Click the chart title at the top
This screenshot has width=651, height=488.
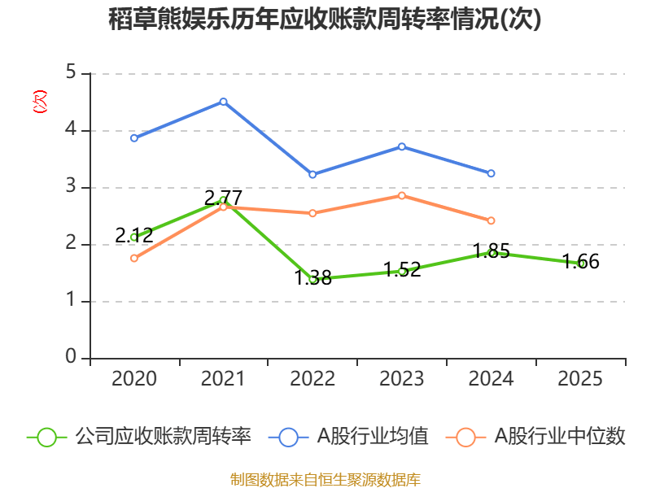tap(325, 20)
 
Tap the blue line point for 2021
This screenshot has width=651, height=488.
tap(223, 102)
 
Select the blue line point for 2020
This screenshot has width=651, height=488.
tap(133, 138)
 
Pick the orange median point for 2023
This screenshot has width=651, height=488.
tap(402, 195)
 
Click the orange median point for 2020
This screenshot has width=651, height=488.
tap(133, 258)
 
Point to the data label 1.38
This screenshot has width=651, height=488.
tap(312, 278)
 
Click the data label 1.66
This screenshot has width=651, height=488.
tap(581, 262)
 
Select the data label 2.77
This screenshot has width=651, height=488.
tap(223, 198)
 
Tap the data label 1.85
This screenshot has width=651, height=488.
tap(492, 251)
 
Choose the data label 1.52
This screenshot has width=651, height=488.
tap(402, 270)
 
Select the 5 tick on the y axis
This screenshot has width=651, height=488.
tap(71, 73)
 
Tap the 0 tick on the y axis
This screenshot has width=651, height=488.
tap(71, 358)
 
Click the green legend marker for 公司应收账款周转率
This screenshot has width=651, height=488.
tap(46, 437)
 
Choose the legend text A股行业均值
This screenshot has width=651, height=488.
tap(373, 437)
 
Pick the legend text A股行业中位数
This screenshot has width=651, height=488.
tap(560, 437)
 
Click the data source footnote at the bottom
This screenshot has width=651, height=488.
tap(325, 479)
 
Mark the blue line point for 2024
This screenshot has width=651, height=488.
tap(492, 173)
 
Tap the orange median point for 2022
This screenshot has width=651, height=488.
tap(312, 213)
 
